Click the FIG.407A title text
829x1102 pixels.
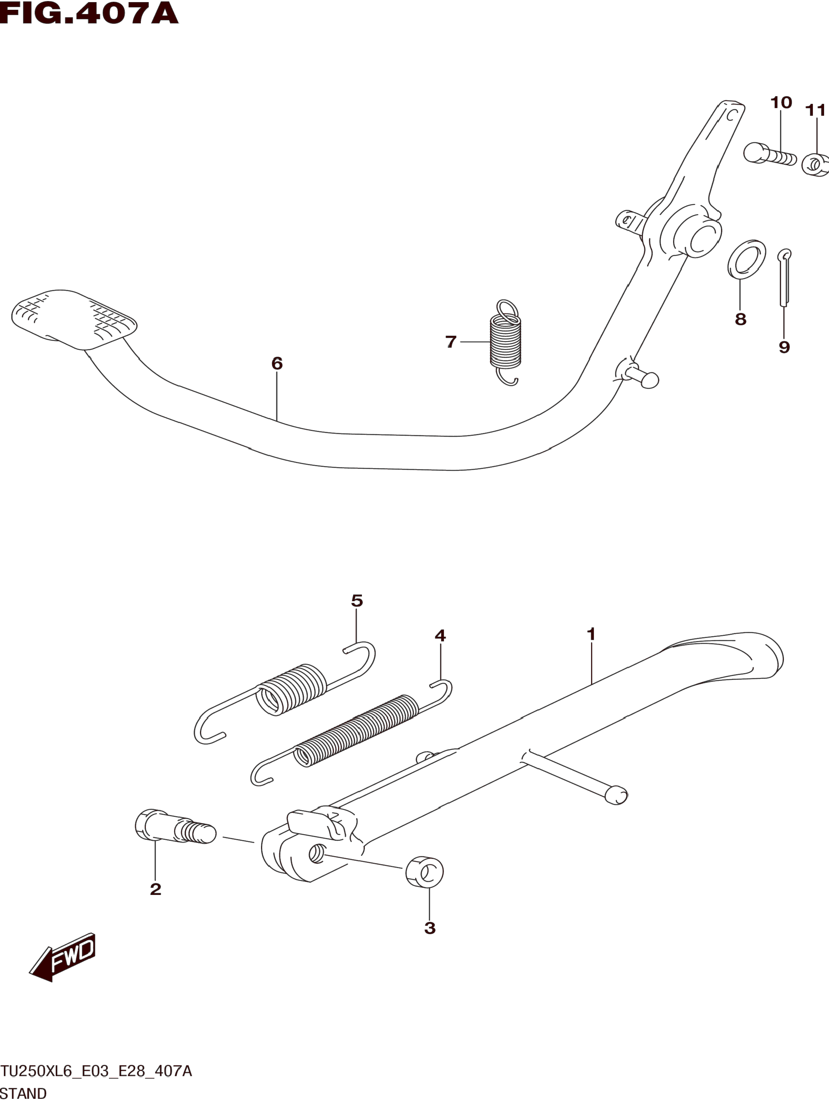(x=89, y=14)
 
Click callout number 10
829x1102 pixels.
(x=781, y=103)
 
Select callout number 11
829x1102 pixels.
(x=815, y=110)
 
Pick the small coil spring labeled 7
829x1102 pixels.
(x=506, y=342)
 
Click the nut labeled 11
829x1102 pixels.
(x=815, y=164)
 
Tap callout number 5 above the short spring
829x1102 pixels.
(x=357, y=601)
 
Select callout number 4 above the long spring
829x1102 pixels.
(x=440, y=636)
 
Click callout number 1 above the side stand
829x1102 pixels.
(x=591, y=635)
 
